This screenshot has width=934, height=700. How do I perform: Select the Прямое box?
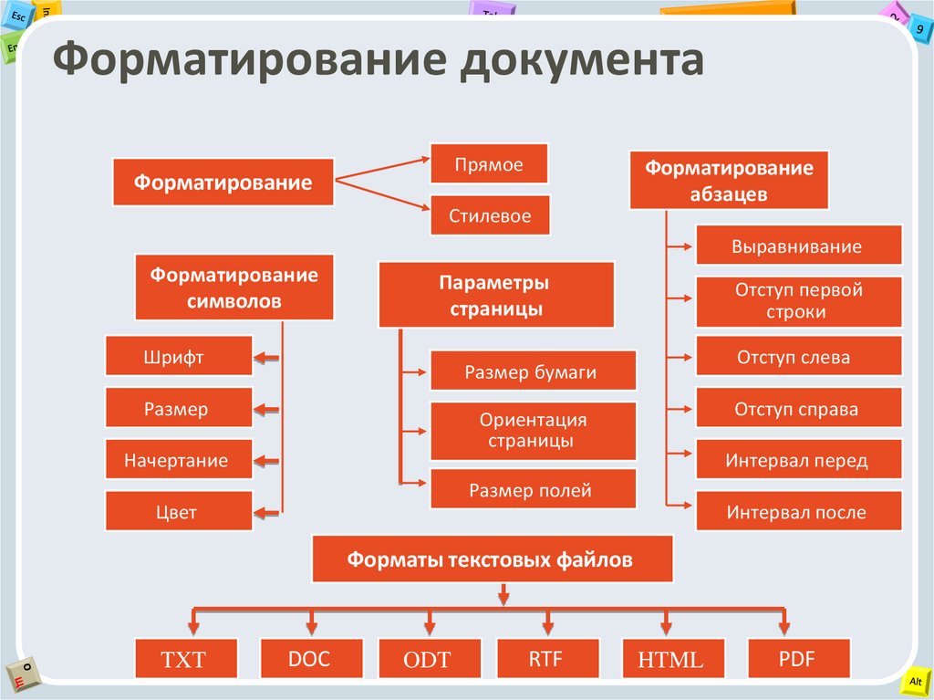tap(489, 165)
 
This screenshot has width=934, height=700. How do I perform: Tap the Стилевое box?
tap(489, 217)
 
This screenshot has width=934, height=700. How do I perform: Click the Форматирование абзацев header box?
tap(729, 181)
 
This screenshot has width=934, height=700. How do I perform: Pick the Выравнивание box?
tap(797, 246)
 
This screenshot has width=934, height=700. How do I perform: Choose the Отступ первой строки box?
tap(797, 301)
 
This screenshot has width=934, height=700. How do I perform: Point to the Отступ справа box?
tap(797, 409)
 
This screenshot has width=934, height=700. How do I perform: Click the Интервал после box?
tap(797, 512)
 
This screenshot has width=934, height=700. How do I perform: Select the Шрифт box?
tap(178, 357)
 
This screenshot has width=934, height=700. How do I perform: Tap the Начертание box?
tap(178, 460)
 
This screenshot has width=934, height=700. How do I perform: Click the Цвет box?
tap(178, 512)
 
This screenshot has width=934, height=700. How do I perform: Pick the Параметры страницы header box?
tap(495, 296)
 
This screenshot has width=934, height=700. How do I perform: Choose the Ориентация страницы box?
tap(532, 431)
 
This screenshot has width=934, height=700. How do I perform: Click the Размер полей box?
tap(532, 490)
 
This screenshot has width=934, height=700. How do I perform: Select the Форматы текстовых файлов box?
tap(492, 559)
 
